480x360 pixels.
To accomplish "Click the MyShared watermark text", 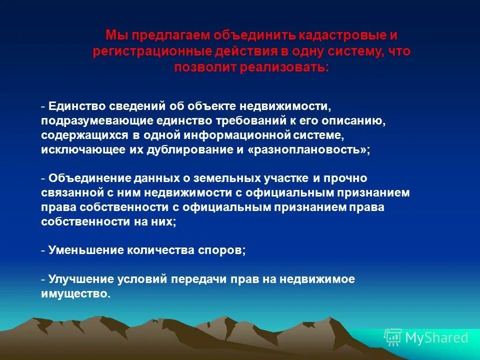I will coord(436,338).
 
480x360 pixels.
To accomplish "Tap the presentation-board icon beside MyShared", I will coord(393,337).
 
